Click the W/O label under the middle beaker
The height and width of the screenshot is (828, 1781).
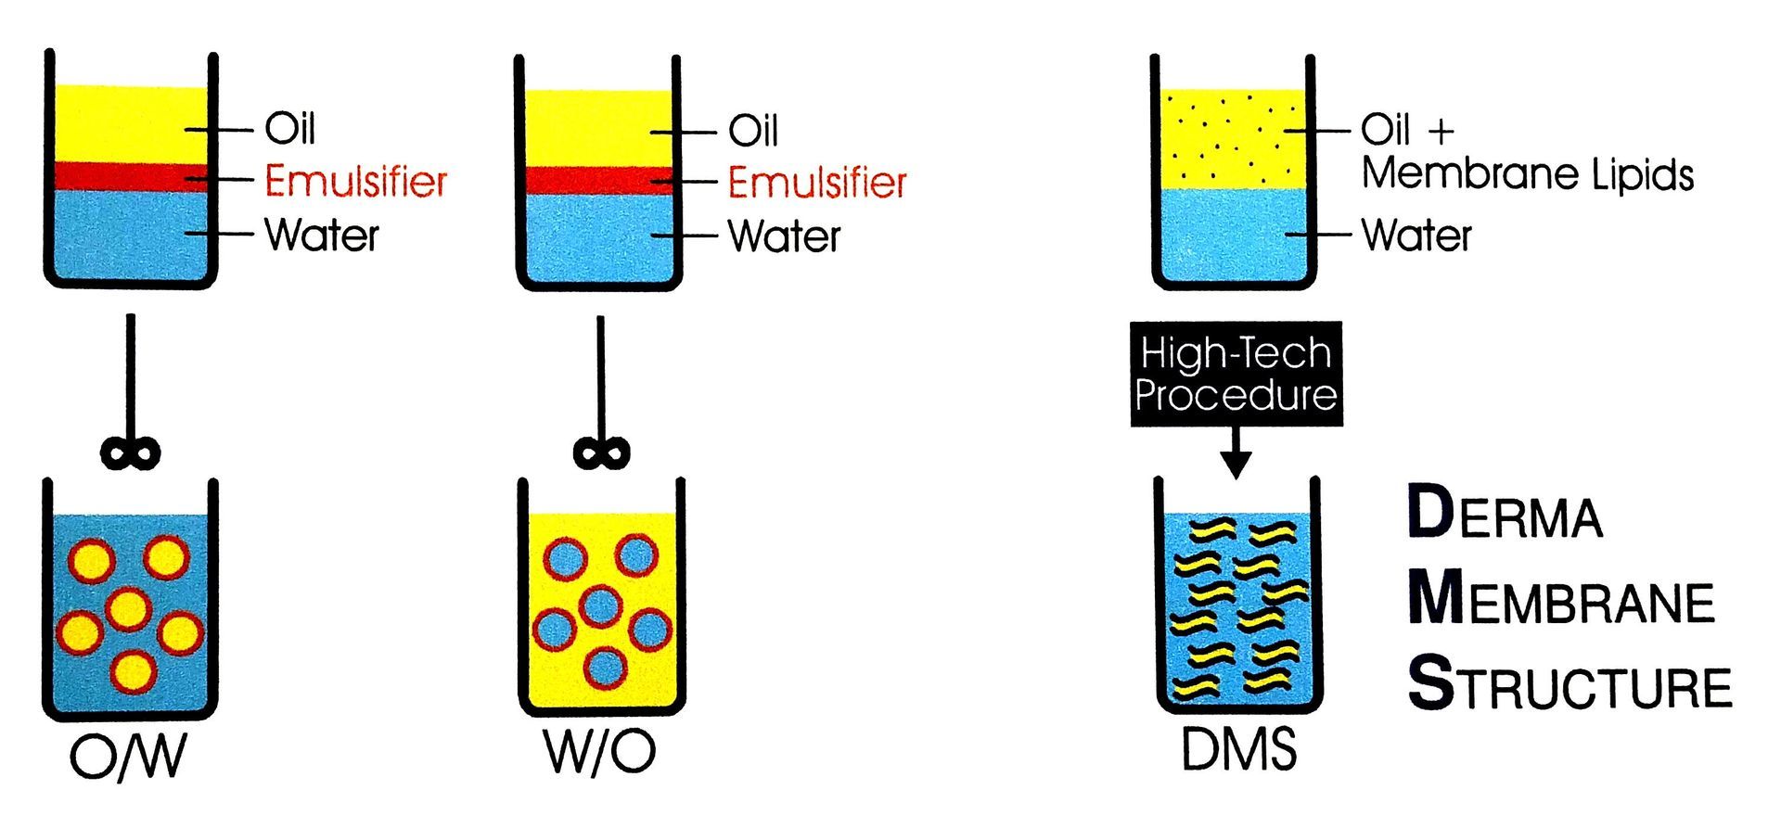click(x=600, y=753)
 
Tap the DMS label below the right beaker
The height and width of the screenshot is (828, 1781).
click(x=1238, y=749)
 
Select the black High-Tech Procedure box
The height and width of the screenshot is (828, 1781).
click(x=1236, y=374)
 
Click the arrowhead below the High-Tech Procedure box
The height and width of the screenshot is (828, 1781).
click(x=1236, y=463)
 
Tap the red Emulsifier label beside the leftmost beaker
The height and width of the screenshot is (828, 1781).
click(x=355, y=181)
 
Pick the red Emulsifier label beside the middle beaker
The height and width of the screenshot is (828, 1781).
click(x=816, y=183)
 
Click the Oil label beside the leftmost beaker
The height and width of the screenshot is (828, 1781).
click(x=289, y=128)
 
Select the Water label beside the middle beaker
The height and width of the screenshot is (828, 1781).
click(x=784, y=236)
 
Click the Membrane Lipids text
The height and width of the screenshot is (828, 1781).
click(x=1527, y=174)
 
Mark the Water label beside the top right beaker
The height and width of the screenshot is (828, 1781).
click(x=1416, y=235)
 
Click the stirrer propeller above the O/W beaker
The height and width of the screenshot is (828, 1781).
click(x=130, y=453)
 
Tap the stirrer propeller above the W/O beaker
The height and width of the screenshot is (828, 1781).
click(x=601, y=453)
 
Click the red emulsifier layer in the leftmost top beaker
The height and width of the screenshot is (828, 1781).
click(x=130, y=176)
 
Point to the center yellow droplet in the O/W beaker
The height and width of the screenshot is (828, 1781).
click(x=128, y=609)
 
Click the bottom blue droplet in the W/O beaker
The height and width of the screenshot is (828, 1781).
click(x=606, y=668)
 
